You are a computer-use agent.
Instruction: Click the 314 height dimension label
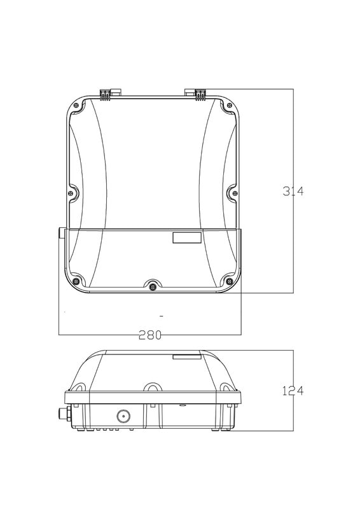click(293, 192)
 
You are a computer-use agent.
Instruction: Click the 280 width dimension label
click(150, 335)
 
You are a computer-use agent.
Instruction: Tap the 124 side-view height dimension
click(293, 391)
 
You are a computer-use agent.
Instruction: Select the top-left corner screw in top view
click(76, 105)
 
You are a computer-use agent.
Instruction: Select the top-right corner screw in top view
click(229, 105)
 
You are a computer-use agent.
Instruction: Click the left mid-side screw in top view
click(71, 193)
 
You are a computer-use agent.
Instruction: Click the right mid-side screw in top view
click(235, 193)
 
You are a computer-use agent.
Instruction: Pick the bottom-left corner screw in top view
click(76, 281)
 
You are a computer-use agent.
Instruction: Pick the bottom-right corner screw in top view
click(229, 281)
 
